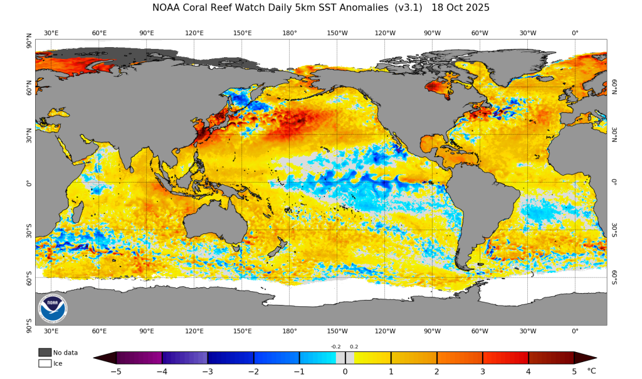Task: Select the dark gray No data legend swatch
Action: coord(45,353)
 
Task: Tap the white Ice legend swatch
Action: coord(45,363)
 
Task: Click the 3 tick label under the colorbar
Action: coord(483,371)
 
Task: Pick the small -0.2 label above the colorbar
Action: coord(336,346)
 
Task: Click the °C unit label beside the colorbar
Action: coord(592,371)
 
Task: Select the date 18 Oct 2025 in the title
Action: coord(461,8)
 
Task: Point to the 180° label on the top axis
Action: coord(290,33)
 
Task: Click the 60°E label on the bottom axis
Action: coord(99,331)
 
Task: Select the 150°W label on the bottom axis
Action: coord(337,331)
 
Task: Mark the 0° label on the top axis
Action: coord(575,33)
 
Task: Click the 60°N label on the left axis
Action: coord(28,91)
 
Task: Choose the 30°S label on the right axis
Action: coord(614,230)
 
